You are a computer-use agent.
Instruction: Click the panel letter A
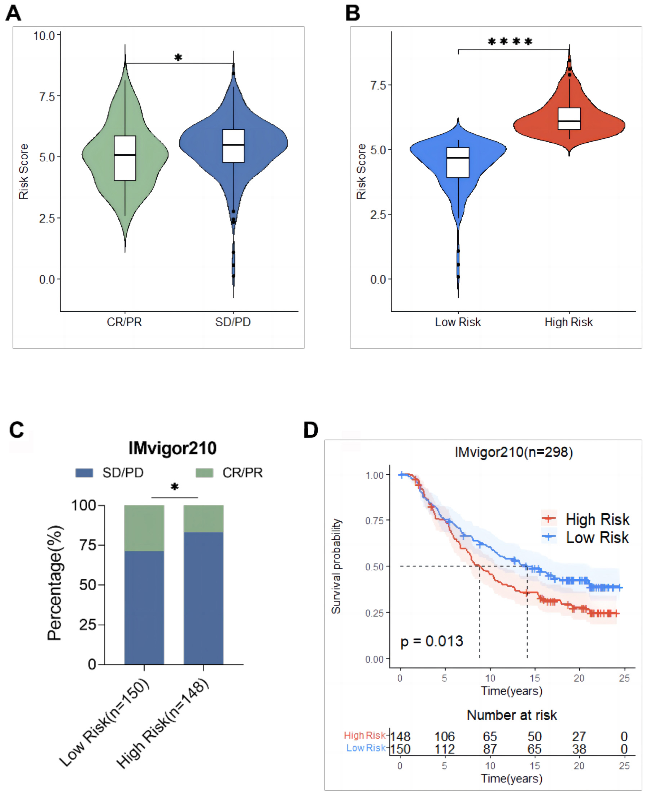13,13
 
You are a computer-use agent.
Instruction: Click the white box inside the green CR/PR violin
125,158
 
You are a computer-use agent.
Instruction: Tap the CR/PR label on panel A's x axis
124,322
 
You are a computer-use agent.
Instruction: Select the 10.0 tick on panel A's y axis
44,36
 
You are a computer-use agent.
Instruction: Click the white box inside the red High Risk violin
569,118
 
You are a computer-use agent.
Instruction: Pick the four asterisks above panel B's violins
510,42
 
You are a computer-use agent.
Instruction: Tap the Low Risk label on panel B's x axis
458,322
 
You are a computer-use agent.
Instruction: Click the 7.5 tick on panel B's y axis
379,85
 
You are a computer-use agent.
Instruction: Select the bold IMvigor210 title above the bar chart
172,448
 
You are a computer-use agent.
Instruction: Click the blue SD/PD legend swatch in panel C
84,472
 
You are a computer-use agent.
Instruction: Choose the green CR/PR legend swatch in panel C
204,472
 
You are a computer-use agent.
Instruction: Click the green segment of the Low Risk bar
144,528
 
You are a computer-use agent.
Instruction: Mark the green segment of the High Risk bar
203,518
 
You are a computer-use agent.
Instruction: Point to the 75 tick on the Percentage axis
87,545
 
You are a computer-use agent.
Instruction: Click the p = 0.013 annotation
432,641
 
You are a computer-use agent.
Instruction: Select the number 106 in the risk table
445,736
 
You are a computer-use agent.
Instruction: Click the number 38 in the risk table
579,749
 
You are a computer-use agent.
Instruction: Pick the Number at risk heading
512,715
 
